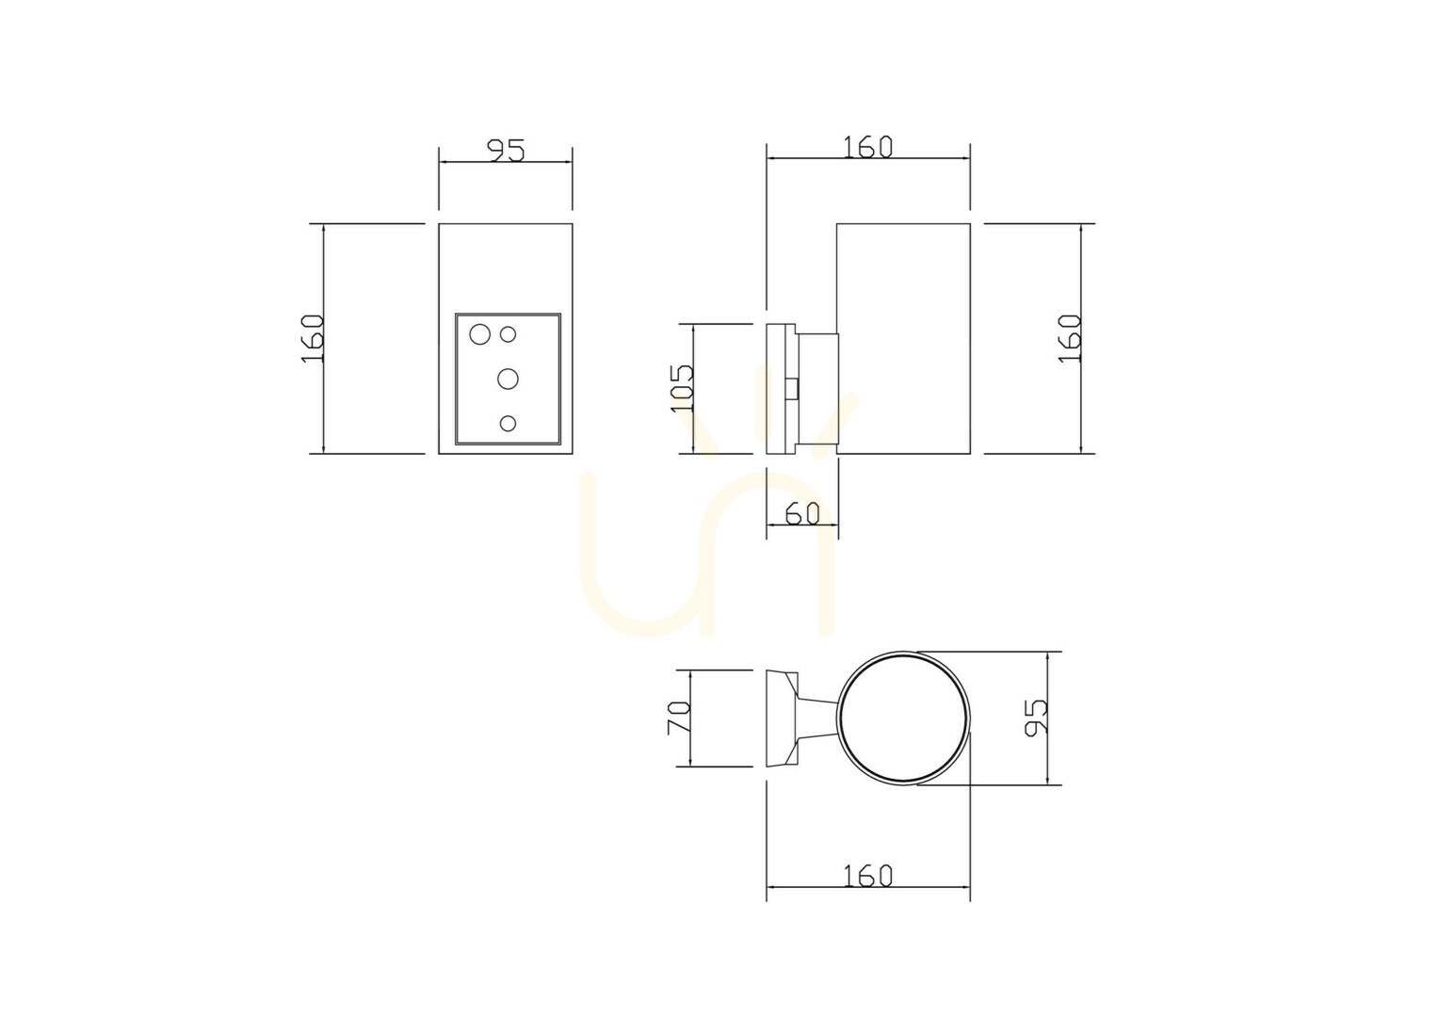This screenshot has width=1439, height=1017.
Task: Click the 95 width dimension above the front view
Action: [507, 150]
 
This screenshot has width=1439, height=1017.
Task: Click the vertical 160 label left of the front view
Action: [313, 339]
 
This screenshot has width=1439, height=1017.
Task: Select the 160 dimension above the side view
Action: [867, 147]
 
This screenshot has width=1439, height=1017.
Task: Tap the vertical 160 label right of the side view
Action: [1070, 339]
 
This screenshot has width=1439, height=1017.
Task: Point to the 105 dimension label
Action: [682, 388]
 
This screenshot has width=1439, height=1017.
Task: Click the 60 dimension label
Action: [802, 513]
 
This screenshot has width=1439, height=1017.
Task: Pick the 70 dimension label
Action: [678, 717]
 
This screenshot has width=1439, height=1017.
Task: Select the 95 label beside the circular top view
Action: [1036, 717]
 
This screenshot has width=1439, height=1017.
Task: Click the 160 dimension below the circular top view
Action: [867, 875]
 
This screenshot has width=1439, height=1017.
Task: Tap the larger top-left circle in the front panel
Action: [480, 334]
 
